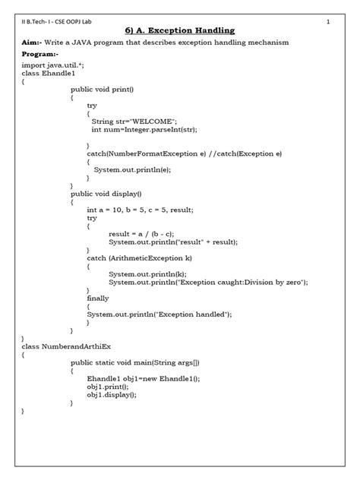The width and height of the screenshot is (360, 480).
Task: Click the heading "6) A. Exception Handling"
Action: coord(179,30)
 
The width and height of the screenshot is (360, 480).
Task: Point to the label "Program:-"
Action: coord(39,55)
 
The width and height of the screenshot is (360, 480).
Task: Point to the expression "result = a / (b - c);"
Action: coord(141,233)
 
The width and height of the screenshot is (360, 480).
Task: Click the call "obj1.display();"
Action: coord(112,394)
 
